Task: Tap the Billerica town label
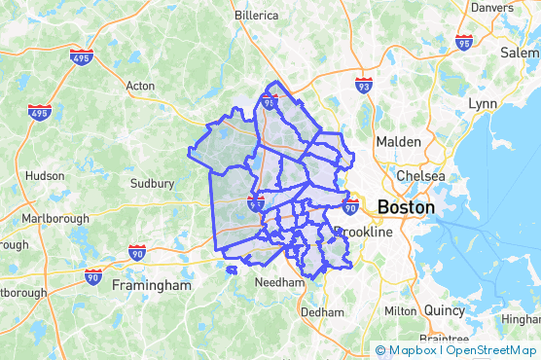tap(257, 16)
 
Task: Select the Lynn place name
tap(482, 103)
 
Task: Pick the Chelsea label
tap(420, 176)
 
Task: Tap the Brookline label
tap(363, 233)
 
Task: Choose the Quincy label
tap(444, 310)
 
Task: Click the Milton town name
tap(401, 310)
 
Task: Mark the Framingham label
tap(152, 286)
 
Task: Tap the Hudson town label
tap(44, 176)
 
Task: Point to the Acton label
tap(140, 86)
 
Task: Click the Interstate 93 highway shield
tap(363, 86)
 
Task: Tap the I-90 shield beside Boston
tap(351, 205)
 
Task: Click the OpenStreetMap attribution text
tap(492, 350)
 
